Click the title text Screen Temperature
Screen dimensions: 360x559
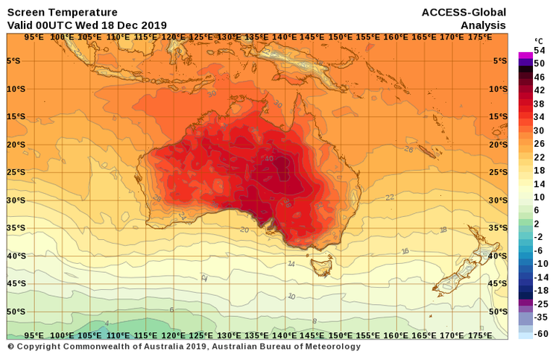[x=62, y=12]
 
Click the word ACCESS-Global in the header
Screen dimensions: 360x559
[x=464, y=12]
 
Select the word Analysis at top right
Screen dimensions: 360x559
[x=483, y=25]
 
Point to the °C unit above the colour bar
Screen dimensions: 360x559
[x=538, y=41]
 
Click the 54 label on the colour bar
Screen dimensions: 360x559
[x=540, y=51]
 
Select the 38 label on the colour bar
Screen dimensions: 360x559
[x=540, y=104]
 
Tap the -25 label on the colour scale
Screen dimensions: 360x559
[x=541, y=304]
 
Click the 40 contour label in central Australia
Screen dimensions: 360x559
[x=268, y=158]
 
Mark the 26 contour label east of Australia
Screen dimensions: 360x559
[x=408, y=149]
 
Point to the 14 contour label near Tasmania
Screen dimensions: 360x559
[x=291, y=263]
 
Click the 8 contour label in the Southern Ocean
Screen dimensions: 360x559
[x=314, y=321]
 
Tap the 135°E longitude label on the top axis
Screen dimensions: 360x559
[x=257, y=37]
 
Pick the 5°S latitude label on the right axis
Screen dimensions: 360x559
[x=500, y=61]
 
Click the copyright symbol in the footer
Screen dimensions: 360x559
[x=11, y=347]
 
